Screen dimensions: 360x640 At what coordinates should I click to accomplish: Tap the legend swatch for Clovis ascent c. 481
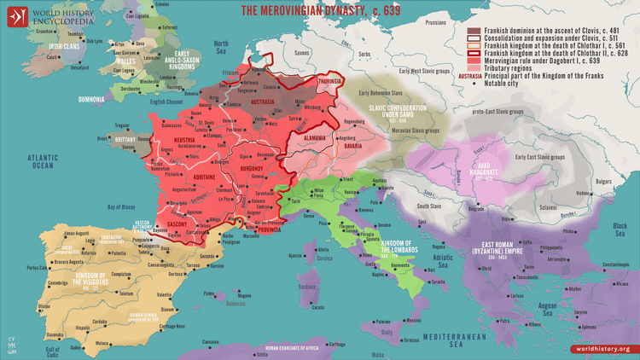[x=474, y=29]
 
